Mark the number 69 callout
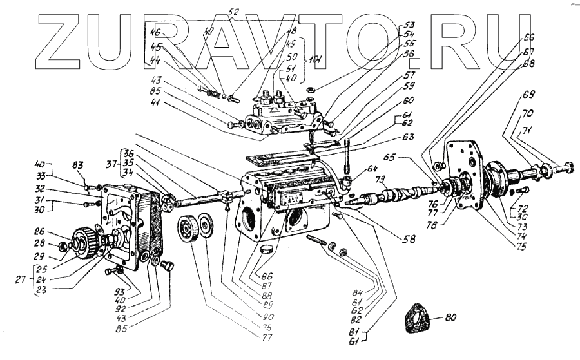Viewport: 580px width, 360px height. [x=528, y=95]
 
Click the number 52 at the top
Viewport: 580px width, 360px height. [x=233, y=12]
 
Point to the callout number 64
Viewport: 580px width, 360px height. [x=372, y=169]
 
